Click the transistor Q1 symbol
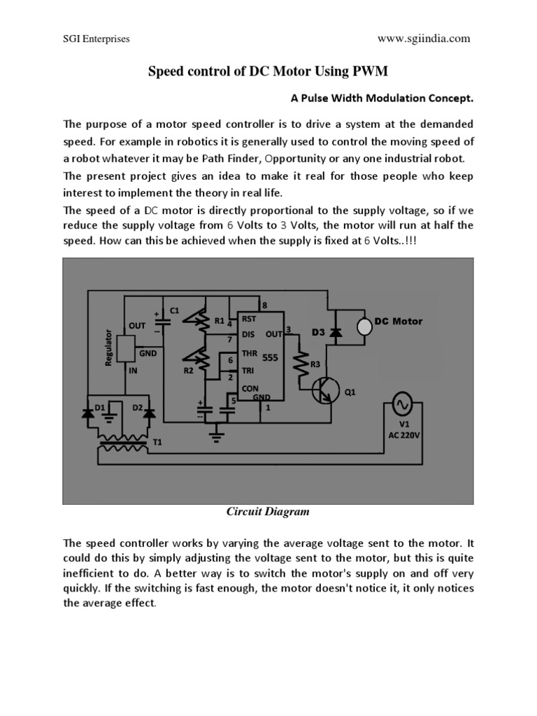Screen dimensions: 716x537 pyautogui.click(x=323, y=391)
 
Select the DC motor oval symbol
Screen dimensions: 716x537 pyautogui.click(x=364, y=326)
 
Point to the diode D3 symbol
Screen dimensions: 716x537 pyautogui.click(x=336, y=334)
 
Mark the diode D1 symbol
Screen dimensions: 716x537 pyautogui.click(x=88, y=413)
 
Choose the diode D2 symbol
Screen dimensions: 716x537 pyautogui.click(x=150, y=413)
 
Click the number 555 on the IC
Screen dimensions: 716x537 pyautogui.click(x=270, y=356)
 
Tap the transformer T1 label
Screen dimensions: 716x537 pyautogui.click(x=157, y=443)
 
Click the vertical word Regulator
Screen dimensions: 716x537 pyautogui.click(x=108, y=345)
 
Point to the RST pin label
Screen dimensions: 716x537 pyautogui.click(x=249, y=318)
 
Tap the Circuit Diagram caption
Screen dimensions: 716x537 pyautogui.click(x=268, y=512)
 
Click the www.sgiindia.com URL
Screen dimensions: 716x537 pyautogui.click(x=424, y=39)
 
